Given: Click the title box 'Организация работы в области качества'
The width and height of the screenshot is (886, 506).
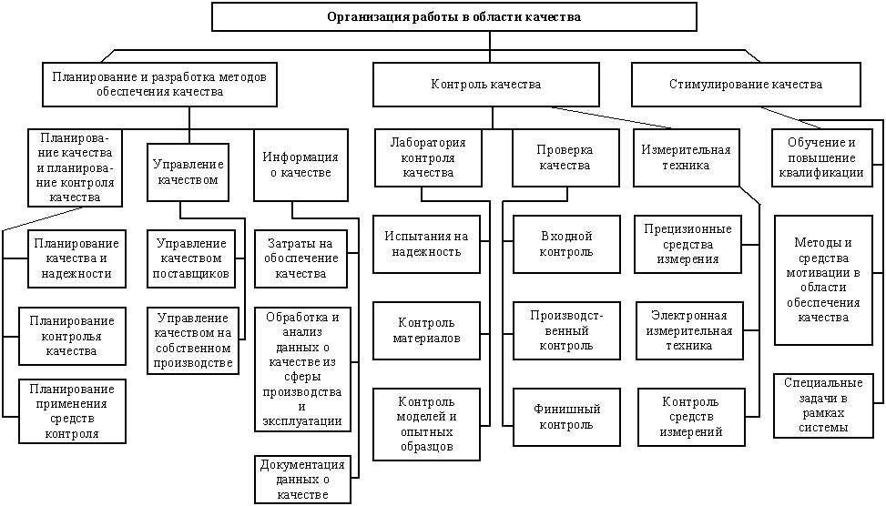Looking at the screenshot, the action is pyautogui.click(x=453, y=17).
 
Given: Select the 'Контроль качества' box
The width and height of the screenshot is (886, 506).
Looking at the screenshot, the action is pyautogui.click(x=486, y=85).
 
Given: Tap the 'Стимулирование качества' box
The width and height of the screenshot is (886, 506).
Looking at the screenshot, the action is pyautogui.click(x=746, y=85).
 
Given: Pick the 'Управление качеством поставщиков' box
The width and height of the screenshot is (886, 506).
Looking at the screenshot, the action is pyautogui.click(x=191, y=258).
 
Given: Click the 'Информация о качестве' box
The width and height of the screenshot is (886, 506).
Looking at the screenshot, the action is pyautogui.click(x=300, y=165).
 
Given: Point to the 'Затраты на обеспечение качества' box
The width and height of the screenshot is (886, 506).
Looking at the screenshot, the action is pyautogui.click(x=300, y=258).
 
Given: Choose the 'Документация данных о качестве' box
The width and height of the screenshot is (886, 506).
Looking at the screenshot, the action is pyautogui.click(x=302, y=480).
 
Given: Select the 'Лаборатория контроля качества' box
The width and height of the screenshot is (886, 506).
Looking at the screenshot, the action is pyautogui.click(x=428, y=158).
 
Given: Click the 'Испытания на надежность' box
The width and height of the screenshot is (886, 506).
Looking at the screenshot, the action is pyautogui.click(x=427, y=244).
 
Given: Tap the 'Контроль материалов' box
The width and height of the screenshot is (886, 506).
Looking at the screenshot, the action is pyautogui.click(x=427, y=331).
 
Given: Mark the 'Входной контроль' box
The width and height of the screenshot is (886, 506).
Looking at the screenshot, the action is pyautogui.click(x=566, y=244).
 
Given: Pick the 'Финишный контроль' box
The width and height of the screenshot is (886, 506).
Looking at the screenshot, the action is pyautogui.click(x=566, y=417).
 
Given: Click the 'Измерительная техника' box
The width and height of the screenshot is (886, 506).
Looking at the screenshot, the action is pyautogui.click(x=686, y=158).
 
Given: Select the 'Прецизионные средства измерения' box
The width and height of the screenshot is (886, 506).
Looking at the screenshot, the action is pyautogui.click(x=687, y=244).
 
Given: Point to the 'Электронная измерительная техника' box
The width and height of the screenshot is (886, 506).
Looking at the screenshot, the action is pyautogui.click(x=689, y=331).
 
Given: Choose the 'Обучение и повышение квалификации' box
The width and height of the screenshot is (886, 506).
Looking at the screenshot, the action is pyautogui.click(x=821, y=158).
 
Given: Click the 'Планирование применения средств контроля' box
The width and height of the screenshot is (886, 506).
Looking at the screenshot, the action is pyautogui.click(x=72, y=411).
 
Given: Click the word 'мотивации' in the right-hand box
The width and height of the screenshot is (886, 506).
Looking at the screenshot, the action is pyautogui.click(x=823, y=273).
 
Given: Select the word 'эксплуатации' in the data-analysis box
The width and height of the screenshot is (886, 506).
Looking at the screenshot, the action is pyautogui.click(x=301, y=421).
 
